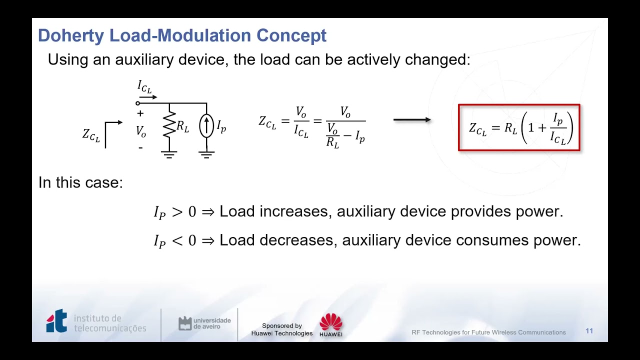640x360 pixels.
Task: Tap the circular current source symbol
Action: coord(206,126)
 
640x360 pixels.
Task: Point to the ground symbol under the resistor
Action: coord(169,154)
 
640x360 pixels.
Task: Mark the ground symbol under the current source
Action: coord(206,154)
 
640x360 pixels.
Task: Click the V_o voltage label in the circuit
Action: coord(141,131)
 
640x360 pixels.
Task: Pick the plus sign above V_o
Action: coord(140,114)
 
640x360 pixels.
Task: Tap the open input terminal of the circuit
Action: coord(138,103)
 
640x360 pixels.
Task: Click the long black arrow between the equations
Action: coord(412,120)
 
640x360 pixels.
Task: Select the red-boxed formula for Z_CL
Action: coord(519,127)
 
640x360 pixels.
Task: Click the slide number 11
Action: coord(589,331)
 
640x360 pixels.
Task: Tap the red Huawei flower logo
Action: coord(331,322)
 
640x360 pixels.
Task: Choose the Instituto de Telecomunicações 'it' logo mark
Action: coord(56,321)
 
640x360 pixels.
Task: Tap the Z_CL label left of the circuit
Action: coord(91,135)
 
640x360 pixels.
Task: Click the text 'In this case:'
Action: coord(80,182)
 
